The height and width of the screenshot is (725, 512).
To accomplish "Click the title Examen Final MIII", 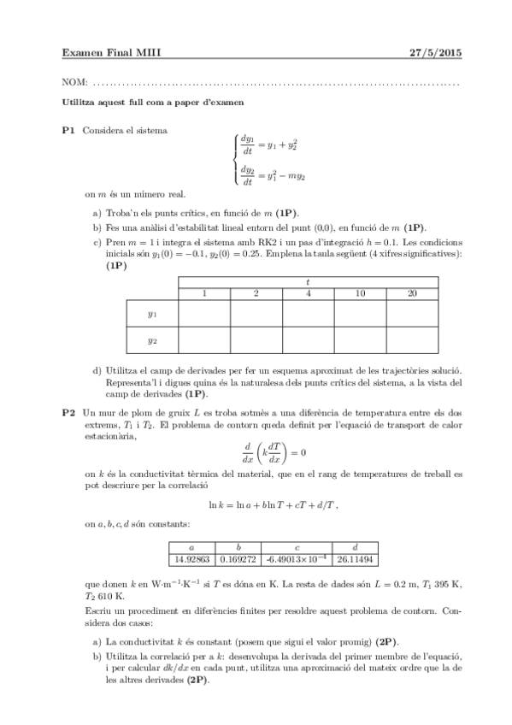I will tap(112, 53).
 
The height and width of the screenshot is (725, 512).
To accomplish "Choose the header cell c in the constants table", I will tap(296, 546).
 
